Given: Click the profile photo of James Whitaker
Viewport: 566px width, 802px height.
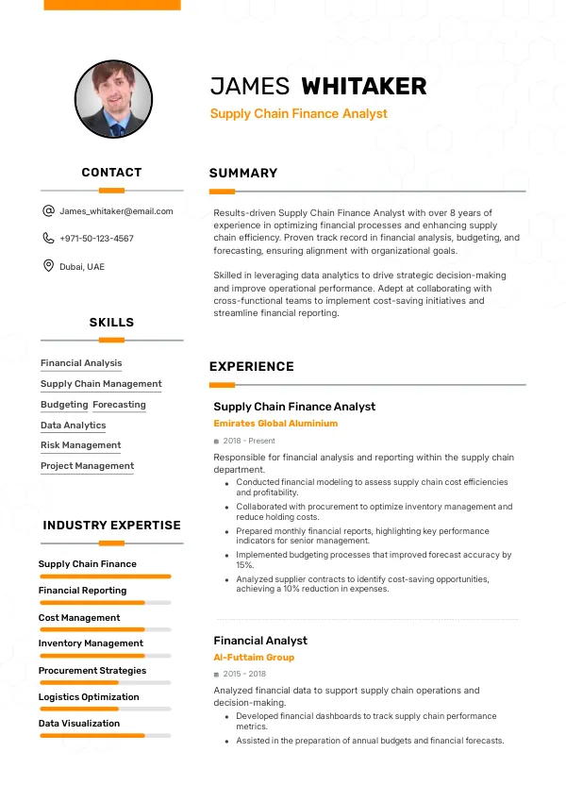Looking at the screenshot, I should [112, 99].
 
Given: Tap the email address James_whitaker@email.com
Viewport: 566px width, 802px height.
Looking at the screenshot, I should [116, 211].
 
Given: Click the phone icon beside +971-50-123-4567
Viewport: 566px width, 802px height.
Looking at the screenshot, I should [48, 239].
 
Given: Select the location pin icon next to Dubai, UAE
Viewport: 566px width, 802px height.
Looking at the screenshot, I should [48, 266].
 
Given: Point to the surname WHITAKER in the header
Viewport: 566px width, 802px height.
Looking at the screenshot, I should [363, 87].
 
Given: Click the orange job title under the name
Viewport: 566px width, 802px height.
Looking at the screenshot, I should [298, 114].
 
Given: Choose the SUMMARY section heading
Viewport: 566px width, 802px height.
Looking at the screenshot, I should [243, 173].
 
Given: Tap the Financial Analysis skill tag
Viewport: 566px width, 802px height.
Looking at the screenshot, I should [81, 363].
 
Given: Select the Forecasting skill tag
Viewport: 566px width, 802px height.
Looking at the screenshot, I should [119, 405].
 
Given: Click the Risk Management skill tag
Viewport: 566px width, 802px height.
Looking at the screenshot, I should [80, 445].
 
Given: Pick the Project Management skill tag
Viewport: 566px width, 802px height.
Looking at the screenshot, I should [87, 466].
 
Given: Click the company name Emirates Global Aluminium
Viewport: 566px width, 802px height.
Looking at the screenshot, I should [275, 424].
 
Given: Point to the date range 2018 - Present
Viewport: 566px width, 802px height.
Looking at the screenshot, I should [249, 441].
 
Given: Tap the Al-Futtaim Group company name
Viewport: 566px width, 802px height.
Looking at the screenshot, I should [254, 658].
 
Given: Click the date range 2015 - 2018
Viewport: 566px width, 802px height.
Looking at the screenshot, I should [244, 674].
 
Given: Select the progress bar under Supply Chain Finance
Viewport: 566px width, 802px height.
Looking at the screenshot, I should [105, 576].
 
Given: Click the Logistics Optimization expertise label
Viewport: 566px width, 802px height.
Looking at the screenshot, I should [89, 697].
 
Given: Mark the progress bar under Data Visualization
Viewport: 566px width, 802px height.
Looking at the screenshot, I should [105, 735].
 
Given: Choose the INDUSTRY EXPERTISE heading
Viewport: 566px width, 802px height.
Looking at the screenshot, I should [111, 526].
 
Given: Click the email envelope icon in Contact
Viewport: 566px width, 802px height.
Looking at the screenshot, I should [48, 211].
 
